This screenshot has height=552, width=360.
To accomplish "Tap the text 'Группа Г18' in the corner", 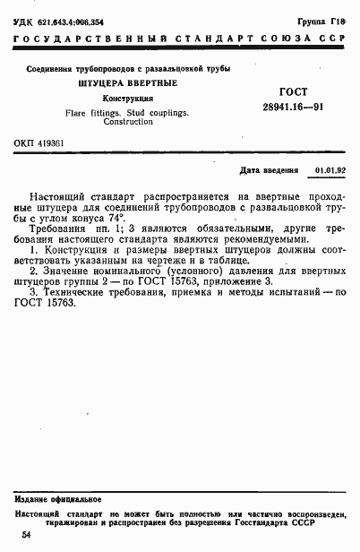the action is tap(327, 20).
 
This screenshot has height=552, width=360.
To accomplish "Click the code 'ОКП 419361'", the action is tap(39, 143).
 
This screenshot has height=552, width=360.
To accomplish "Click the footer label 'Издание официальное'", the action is tap(57, 498).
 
